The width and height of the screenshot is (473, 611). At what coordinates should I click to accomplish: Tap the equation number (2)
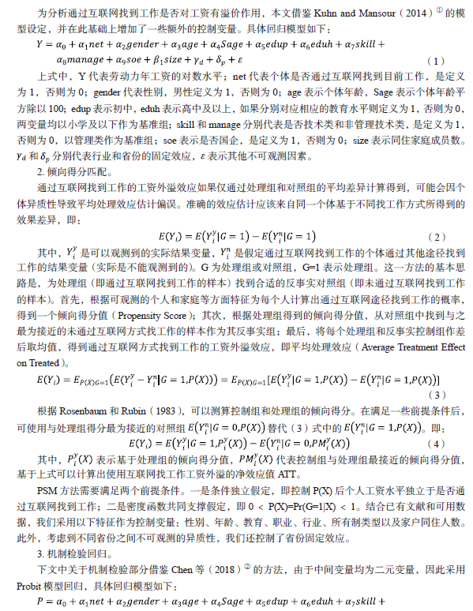pyautogui.click(x=437, y=237)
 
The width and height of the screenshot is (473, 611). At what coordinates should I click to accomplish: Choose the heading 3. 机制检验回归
pyautogui.click(x=67, y=534)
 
